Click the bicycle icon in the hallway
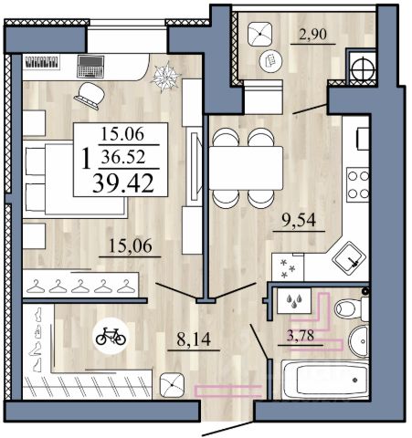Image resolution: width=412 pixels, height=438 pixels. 111,336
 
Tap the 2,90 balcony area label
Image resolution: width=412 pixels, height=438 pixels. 313,34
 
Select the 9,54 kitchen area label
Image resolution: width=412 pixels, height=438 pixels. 299,220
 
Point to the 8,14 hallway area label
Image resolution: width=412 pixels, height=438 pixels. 194,339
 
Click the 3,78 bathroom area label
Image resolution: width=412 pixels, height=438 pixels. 301,336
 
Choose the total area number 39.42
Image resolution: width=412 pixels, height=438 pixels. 123,182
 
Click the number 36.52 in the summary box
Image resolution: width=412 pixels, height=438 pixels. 123,157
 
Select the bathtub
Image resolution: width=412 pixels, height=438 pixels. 325,380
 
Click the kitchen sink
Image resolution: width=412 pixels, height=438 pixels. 349,257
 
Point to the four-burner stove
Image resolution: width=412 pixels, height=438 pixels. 358,184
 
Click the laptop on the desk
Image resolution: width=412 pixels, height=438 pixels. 90,67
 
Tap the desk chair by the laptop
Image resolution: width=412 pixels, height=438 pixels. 90,96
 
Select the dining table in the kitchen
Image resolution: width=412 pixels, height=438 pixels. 246,168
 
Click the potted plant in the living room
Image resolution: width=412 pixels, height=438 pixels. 166,76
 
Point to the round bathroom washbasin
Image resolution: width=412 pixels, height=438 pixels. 359,341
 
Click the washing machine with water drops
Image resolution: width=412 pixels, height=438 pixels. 294,300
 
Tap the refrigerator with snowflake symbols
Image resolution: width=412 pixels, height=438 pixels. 288,267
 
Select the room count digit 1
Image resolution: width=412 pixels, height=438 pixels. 87,159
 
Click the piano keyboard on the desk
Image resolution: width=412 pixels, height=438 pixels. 41,63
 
